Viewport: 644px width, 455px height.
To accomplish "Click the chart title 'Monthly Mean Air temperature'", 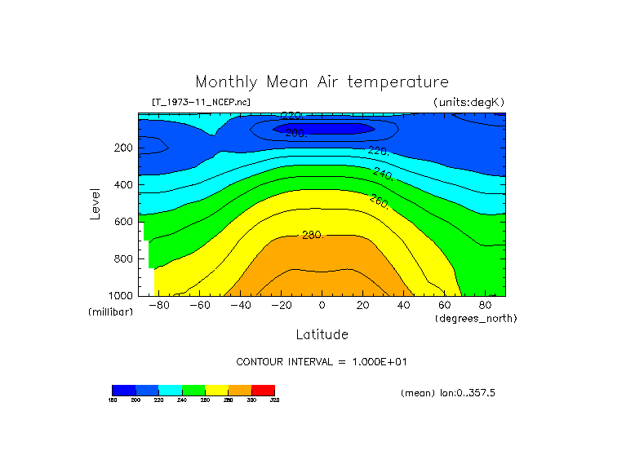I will point(322,82).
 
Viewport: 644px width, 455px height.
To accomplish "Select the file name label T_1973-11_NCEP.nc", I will point(201,102).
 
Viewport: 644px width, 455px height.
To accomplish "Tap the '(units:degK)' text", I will point(469,102).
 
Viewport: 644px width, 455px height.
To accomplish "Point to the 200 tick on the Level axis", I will point(124,148).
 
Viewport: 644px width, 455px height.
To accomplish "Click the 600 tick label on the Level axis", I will point(124,222).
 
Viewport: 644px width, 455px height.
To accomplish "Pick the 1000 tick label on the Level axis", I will point(122,295).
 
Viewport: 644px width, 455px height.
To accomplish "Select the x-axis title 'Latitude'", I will point(322,334).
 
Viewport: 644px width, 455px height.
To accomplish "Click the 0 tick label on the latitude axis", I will point(322,306).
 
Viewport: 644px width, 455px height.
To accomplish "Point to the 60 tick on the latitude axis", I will point(444,306).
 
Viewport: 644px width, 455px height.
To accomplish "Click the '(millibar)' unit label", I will point(110,312).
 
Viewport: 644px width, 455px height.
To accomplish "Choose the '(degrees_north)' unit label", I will point(475,318).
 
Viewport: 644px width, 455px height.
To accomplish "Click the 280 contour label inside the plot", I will point(313,236).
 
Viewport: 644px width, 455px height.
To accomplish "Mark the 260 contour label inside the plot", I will point(380,201).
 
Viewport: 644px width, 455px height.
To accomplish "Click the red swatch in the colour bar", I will point(263,390).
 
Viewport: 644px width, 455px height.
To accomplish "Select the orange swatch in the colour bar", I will point(240,390).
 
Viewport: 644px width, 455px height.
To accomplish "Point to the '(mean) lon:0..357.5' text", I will point(448,393).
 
